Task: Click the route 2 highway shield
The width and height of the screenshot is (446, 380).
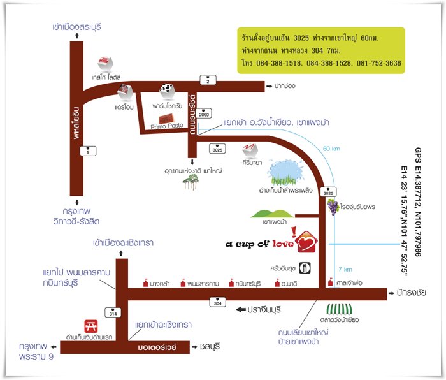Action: coord(208,80)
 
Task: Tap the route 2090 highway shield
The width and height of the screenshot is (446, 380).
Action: coord(204,113)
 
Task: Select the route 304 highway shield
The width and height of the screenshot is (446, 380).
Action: coord(218,302)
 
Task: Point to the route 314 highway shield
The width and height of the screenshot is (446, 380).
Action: coord(113,312)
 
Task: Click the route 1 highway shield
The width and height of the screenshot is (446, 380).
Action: coord(88,150)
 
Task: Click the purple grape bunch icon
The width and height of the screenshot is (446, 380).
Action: coord(333,207)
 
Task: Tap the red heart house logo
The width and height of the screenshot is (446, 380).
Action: coord(306,242)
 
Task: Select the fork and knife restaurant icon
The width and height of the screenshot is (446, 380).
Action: coord(305,268)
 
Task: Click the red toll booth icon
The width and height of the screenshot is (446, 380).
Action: coord(91,326)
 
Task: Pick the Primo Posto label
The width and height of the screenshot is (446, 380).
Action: coord(167,126)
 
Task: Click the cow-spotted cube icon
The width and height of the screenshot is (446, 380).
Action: coord(167,91)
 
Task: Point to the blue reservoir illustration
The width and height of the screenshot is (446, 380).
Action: coord(285,173)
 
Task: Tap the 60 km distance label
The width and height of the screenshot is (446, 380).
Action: coord(331,149)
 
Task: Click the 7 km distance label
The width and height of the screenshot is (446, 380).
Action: coord(345,269)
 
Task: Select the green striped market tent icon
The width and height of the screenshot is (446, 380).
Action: coord(340,310)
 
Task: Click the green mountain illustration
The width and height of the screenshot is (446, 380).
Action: coord(272,214)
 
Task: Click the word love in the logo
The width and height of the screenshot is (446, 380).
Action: coord(283,244)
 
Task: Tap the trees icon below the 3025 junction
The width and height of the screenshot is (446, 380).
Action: coord(191,182)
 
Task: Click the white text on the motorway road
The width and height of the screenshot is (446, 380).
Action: coord(157,347)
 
